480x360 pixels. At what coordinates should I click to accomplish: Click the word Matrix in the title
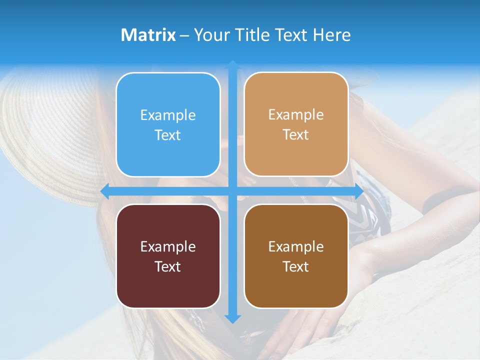[x=148, y=35]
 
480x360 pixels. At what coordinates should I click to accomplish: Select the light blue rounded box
[x=168, y=124]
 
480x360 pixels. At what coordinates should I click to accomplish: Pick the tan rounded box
[x=296, y=124]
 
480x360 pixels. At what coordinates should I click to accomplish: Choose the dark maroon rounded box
[x=168, y=256]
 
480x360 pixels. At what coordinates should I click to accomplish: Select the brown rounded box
[x=296, y=256]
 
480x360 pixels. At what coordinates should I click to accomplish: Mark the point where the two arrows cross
[x=232, y=191]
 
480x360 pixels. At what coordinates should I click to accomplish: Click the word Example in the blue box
[x=168, y=115]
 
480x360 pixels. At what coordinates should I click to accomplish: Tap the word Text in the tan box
[x=296, y=134]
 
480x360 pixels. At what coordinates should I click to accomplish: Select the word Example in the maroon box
[x=168, y=247]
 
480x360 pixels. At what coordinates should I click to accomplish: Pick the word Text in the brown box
[x=296, y=266]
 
